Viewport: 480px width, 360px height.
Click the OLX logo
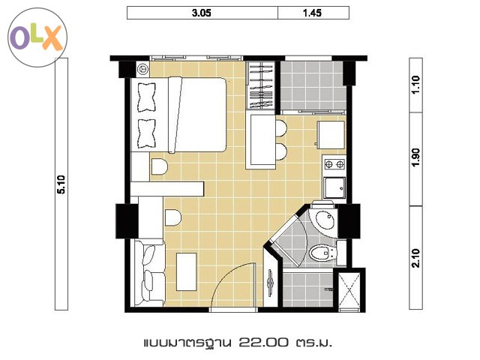pyautogui.click(x=37, y=37)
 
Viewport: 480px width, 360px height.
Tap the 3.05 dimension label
pyautogui.click(x=202, y=13)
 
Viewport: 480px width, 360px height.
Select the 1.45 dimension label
pyautogui.click(x=312, y=13)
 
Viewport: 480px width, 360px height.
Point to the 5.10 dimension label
pyautogui.click(x=61, y=184)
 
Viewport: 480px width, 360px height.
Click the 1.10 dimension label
pyautogui.click(x=415, y=85)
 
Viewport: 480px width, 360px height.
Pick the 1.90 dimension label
pyautogui.click(x=415, y=157)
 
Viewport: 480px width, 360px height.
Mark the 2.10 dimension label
pyautogui.click(x=415, y=258)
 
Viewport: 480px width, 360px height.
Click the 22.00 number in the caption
pyautogui.click(x=263, y=342)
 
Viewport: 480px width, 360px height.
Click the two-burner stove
pyautogui.click(x=334, y=164)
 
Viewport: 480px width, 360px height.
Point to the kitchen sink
pyautogui.click(x=334, y=188)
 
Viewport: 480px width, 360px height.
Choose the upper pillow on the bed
pyautogui.click(x=146, y=97)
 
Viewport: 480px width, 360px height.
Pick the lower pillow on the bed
pyautogui.click(x=146, y=133)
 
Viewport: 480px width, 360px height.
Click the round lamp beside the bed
pyautogui.click(x=142, y=69)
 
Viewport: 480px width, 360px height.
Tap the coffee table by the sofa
pyautogui.click(x=187, y=271)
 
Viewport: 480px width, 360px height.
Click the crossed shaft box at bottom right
pyautogui.click(x=349, y=288)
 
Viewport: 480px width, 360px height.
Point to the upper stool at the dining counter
pyautogui.click(x=281, y=128)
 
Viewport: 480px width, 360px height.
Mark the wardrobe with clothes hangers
pyautogui.click(x=261, y=85)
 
